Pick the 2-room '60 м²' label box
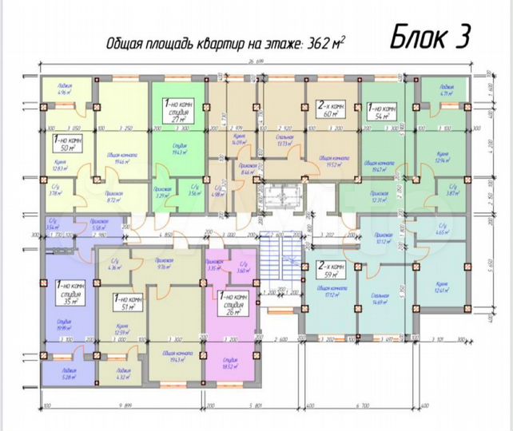[328, 109]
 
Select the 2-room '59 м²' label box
[329, 271]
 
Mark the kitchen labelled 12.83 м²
[60, 165]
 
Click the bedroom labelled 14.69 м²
[388, 299]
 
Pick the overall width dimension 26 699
[255, 61]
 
